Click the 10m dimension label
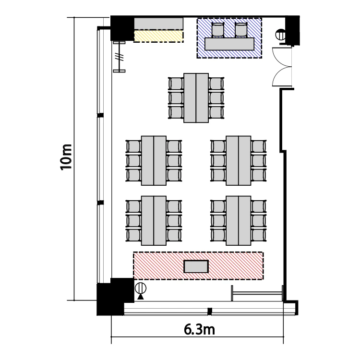(66, 157)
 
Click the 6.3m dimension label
(199, 329)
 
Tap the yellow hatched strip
(159, 36)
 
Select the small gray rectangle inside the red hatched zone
(196, 266)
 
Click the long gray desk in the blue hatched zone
(229, 44)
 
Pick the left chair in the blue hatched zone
(217, 30)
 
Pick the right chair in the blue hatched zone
(241, 30)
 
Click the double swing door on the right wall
(282, 67)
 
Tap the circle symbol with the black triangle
(141, 291)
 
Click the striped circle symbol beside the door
(281, 35)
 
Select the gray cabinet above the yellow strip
(159, 24)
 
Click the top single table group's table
(196, 98)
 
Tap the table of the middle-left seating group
(154, 160)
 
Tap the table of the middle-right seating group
(238, 160)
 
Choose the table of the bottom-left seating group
(154, 221)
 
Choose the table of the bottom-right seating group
(238, 221)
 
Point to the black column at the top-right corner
(292, 30)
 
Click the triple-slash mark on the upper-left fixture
(119, 57)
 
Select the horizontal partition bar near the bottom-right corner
(257, 293)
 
